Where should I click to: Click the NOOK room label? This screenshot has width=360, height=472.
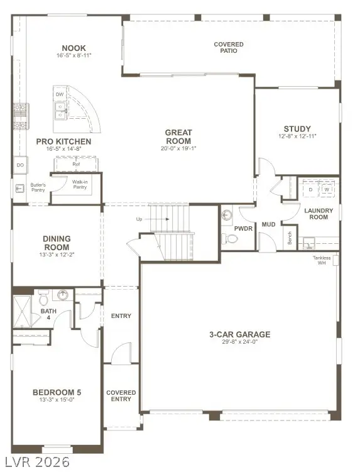74,48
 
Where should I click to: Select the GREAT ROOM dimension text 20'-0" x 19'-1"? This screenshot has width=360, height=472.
178,149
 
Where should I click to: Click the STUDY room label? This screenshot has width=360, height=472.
297,129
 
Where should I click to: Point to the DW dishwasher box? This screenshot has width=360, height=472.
60,95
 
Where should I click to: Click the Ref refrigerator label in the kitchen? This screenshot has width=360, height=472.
76,165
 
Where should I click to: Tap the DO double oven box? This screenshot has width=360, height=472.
21,165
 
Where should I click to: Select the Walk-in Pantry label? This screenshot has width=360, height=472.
79,184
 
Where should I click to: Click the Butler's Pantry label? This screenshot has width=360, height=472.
38,187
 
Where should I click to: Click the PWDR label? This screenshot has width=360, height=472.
243,228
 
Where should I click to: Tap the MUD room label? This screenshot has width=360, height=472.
268,224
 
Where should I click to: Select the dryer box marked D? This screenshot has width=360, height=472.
310,189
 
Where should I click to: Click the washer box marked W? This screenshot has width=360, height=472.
326,189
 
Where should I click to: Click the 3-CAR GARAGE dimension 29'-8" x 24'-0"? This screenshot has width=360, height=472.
240,342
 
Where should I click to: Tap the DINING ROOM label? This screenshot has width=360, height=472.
57,243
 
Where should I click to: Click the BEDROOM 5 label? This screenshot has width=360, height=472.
57,393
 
